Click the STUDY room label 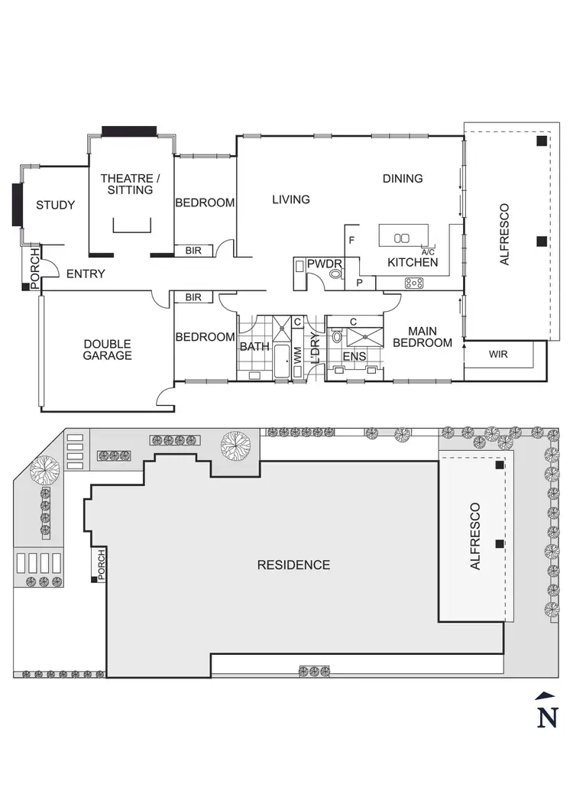(56, 205)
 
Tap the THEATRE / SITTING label (127, 183)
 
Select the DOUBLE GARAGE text (108, 349)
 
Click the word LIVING (291, 199)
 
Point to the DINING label (403, 179)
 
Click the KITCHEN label (413, 262)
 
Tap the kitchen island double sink (402, 238)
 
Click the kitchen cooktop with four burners (414, 283)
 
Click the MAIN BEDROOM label (422, 337)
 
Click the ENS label (354, 356)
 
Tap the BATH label (254, 346)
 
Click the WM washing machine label (297, 355)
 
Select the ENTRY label (85, 274)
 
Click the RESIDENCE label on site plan (293, 565)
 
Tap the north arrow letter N (546, 718)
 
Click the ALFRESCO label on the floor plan (503, 235)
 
